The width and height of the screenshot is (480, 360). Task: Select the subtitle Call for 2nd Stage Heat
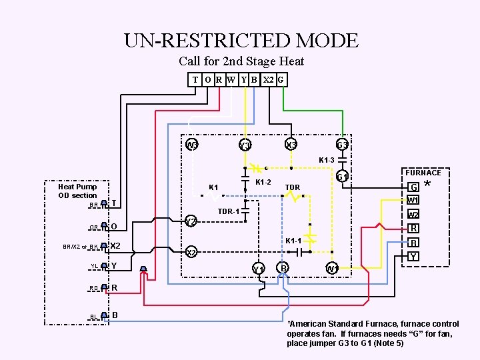(x=241, y=61)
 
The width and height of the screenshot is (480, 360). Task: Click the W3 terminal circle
(x=192, y=145)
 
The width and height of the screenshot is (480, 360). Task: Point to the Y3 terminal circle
(x=245, y=146)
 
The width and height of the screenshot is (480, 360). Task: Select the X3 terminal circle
(x=291, y=145)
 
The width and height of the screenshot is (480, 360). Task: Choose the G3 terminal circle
(x=342, y=145)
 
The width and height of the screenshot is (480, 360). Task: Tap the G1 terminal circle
(x=342, y=177)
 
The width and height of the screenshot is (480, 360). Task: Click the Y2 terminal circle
(x=191, y=221)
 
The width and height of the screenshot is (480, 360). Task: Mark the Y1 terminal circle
(x=259, y=268)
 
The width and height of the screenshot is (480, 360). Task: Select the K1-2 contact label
(x=263, y=182)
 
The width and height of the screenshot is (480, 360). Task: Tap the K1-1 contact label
(x=294, y=240)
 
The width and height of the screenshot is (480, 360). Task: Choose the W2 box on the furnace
(x=413, y=215)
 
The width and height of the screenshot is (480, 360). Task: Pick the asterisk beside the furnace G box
(x=427, y=185)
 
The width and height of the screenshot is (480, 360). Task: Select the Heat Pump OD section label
(x=77, y=191)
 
